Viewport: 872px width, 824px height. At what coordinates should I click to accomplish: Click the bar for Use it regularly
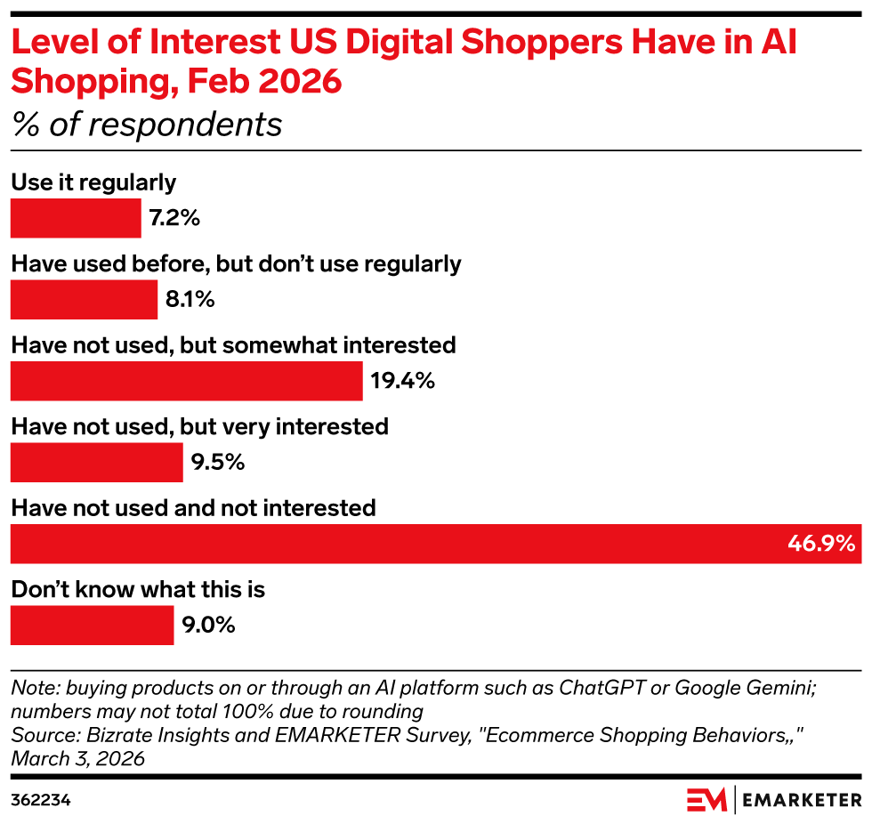(76, 218)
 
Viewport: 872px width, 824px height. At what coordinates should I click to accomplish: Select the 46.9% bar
(435, 544)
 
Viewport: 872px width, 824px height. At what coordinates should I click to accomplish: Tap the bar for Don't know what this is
(92, 626)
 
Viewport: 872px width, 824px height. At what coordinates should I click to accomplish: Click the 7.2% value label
(174, 218)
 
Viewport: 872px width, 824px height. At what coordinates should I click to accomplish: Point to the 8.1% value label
(190, 300)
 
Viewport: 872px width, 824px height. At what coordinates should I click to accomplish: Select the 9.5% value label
(217, 463)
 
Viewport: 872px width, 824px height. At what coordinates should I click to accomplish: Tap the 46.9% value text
(820, 544)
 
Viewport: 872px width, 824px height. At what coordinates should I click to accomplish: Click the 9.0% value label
(208, 626)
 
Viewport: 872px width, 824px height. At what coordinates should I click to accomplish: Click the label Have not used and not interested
(193, 508)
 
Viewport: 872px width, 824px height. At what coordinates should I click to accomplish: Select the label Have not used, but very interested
(199, 426)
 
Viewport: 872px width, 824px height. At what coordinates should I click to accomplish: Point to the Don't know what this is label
(138, 589)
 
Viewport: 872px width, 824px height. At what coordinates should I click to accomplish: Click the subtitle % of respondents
(146, 125)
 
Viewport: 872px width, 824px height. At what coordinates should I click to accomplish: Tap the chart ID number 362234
(41, 800)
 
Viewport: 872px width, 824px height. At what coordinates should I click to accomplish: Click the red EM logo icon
(706, 799)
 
